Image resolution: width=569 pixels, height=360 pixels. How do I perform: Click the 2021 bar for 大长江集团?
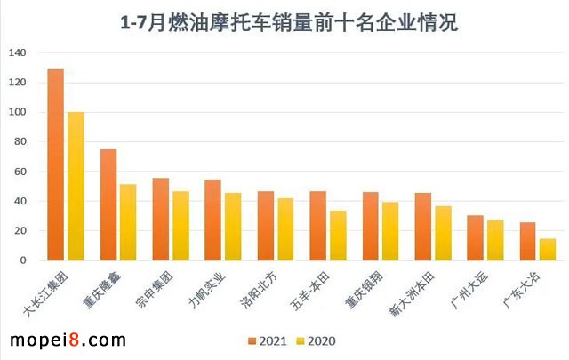point(55,164)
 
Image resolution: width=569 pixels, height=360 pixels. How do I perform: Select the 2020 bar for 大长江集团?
point(76,187)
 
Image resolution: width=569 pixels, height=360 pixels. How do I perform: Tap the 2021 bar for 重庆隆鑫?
point(108,204)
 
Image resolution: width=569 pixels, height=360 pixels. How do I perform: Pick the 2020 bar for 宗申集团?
point(180,226)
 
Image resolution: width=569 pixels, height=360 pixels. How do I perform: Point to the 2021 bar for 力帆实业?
point(213,220)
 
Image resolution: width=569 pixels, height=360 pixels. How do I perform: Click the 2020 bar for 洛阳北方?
point(285,229)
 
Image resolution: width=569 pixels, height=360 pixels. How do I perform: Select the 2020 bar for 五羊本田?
point(338,236)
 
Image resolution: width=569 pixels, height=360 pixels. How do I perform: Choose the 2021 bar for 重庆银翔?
point(371,227)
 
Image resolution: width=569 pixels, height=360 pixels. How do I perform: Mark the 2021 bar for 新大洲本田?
point(423,227)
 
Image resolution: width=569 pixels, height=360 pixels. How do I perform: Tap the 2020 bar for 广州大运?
point(495,240)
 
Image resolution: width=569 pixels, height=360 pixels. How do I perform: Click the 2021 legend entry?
point(268,340)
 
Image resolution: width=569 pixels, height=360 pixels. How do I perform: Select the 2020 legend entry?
point(317,340)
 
